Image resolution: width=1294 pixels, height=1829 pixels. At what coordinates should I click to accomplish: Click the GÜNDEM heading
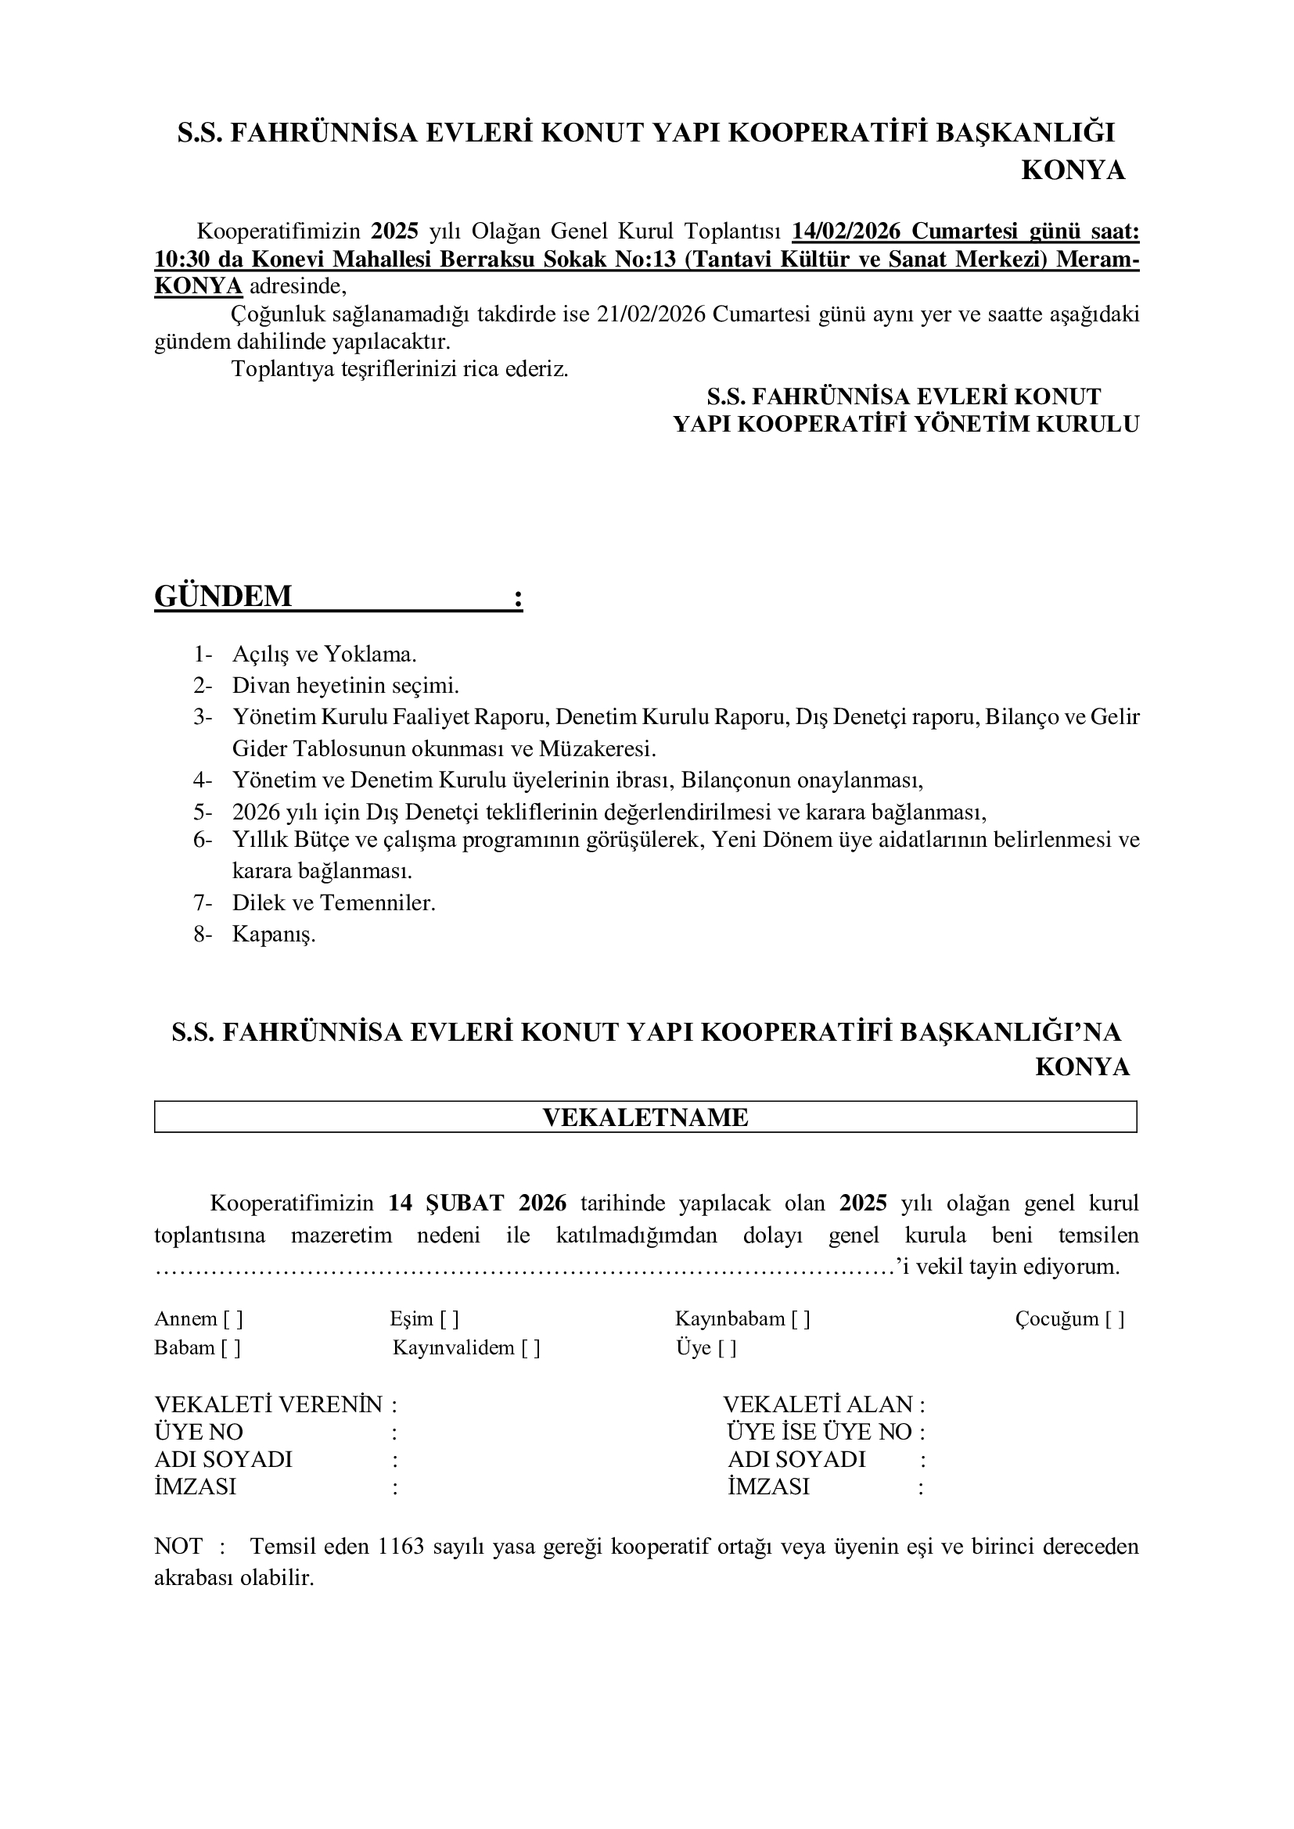(x=223, y=596)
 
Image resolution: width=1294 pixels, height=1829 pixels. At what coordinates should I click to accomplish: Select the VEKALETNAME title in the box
(x=645, y=1117)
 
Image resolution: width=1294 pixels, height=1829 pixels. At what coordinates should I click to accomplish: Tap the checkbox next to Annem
(x=232, y=1319)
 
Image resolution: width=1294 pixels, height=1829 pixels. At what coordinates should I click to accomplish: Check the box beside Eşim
(x=448, y=1319)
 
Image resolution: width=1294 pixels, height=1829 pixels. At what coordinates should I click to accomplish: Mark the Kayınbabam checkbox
(x=800, y=1319)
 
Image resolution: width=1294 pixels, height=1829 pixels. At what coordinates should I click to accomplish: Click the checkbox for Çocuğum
(x=1114, y=1319)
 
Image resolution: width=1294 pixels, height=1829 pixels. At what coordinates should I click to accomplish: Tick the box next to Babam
(x=230, y=1348)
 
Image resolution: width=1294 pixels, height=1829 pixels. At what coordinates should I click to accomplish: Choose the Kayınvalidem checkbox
(x=530, y=1348)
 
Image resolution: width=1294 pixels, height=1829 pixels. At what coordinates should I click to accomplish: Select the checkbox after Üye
(x=727, y=1348)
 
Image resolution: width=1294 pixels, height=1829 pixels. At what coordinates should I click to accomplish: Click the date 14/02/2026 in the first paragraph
(x=846, y=231)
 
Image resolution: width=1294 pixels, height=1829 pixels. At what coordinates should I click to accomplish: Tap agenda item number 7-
(x=203, y=902)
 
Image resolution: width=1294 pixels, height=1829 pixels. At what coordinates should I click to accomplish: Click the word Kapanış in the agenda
(x=274, y=934)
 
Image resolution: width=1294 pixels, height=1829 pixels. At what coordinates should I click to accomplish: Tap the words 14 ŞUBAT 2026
(x=477, y=1203)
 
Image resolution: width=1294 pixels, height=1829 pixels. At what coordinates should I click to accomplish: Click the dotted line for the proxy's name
(x=526, y=1267)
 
